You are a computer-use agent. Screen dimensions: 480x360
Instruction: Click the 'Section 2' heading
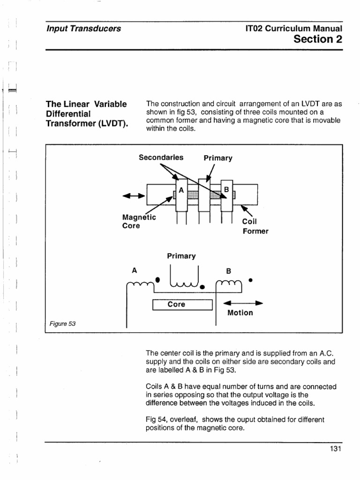click(x=318, y=39)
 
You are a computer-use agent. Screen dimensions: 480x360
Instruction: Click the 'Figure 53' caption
click(x=62, y=324)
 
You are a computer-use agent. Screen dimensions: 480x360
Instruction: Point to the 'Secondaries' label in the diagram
click(x=161, y=157)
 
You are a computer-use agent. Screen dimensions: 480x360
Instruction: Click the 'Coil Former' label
click(x=255, y=226)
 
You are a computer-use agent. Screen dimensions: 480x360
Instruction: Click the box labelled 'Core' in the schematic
click(x=183, y=305)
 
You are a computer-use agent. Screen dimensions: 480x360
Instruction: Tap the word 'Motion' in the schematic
click(x=240, y=313)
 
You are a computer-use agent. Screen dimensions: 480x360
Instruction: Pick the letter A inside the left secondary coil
click(x=181, y=190)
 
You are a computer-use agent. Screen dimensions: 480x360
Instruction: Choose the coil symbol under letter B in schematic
click(x=228, y=283)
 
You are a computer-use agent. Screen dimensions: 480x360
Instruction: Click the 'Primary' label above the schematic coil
click(x=181, y=256)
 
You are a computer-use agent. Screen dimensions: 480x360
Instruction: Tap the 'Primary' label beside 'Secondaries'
click(x=218, y=158)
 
